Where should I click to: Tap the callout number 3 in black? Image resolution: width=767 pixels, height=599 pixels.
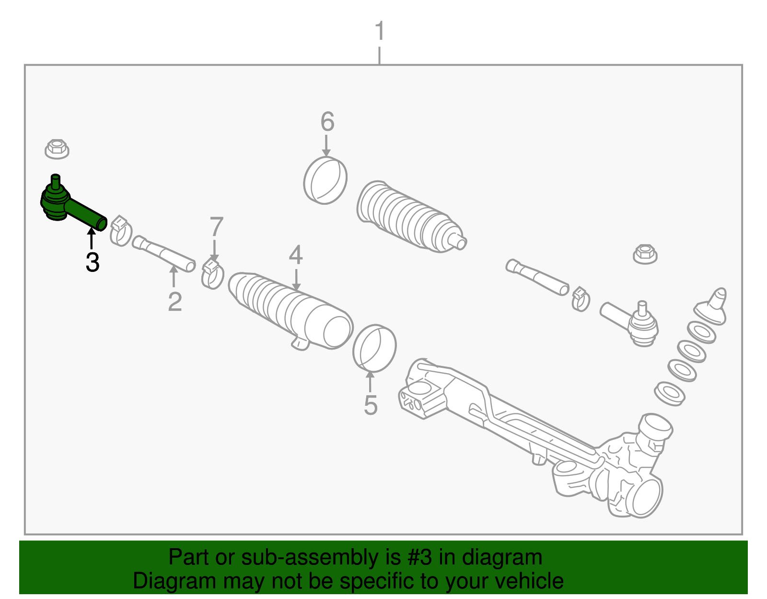[93, 262]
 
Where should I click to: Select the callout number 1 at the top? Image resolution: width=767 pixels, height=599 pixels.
[380, 31]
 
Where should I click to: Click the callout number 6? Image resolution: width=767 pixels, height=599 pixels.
[327, 122]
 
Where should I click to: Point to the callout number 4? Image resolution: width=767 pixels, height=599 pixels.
[296, 255]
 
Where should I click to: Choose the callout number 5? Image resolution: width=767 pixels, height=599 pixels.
[371, 405]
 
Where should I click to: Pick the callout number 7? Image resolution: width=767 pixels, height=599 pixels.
[217, 227]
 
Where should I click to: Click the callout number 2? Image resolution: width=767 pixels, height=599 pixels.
[175, 302]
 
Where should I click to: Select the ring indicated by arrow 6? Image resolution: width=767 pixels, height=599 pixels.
[325, 180]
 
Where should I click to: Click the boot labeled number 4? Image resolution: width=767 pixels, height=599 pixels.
[290, 309]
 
